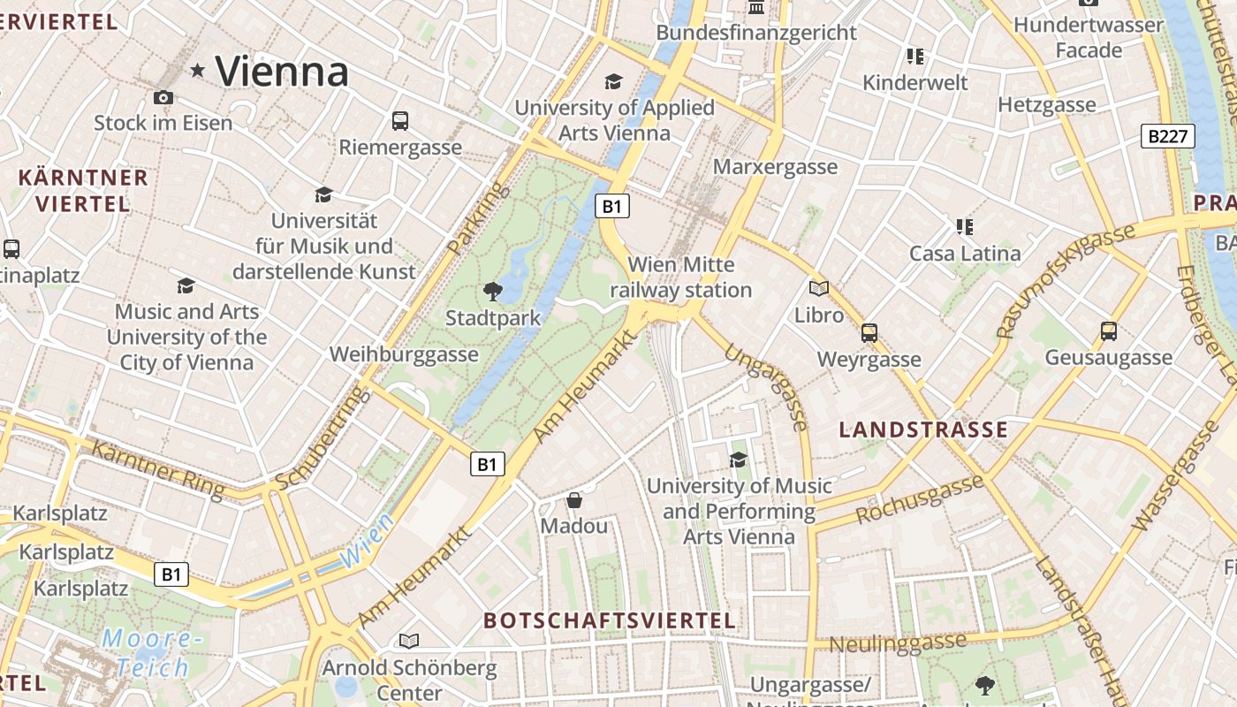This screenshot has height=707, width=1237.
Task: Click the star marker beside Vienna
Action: tap(197, 71)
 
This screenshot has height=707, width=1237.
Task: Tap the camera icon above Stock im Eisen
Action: tap(163, 97)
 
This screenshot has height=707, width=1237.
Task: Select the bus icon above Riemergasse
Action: tap(400, 121)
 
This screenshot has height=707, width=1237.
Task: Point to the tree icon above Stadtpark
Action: tap(493, 291)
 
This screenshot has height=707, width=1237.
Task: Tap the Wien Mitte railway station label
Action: tap(680, 277)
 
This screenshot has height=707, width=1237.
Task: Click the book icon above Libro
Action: tap(819, 288)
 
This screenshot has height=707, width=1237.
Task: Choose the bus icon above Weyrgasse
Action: tap(869, 333)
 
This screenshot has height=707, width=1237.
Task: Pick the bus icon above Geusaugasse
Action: tap(1109, 331)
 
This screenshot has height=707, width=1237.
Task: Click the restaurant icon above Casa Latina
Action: tap(965, 227)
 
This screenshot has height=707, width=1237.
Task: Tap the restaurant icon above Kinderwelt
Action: tap(915, 57)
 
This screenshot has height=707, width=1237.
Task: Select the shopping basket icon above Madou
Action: tap(574, 500)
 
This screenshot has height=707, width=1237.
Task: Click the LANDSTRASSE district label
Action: tap(922, 430)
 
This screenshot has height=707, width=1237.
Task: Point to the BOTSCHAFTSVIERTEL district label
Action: tap(610, 620)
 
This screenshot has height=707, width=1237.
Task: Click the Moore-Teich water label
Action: tap(148, 653)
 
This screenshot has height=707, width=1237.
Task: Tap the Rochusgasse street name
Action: tap(920, 499)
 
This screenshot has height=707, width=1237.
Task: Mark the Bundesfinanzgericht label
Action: tap(756, 33)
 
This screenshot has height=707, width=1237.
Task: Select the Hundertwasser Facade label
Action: tap(1088, 37)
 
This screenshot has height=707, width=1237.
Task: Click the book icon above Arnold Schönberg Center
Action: tap(408, 641)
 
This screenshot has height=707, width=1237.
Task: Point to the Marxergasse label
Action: tap(775, 167)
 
